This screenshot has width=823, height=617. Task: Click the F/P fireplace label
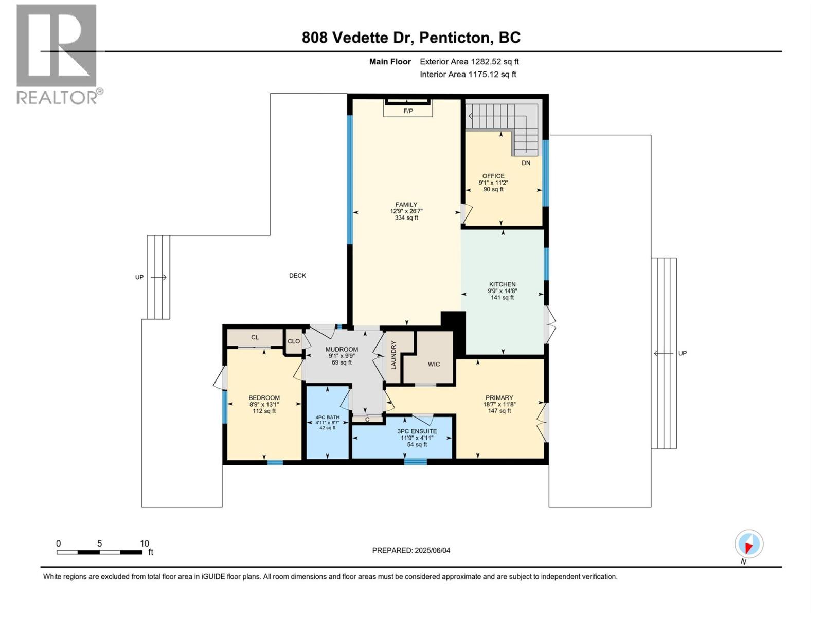408,111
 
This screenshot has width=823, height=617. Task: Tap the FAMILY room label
406,205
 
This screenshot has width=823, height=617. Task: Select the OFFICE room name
493,176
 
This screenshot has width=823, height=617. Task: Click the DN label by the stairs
526,163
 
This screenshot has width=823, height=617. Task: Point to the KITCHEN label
502,284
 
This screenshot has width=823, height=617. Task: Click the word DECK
297,276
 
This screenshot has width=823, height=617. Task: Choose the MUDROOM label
342,350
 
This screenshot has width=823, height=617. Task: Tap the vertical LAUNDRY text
393,355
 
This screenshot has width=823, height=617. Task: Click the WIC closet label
434,364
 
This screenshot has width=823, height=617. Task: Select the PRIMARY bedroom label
499,397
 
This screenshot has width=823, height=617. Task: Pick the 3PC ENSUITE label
417,431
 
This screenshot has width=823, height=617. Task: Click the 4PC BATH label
328,418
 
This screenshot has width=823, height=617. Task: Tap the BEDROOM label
264,397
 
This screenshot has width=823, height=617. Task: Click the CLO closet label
294,341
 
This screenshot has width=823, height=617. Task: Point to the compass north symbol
748,544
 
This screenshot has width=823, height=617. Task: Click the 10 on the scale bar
145,543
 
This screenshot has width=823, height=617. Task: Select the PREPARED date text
411,550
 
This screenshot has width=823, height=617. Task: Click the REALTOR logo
57,54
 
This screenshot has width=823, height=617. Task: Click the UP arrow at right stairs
663,353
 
